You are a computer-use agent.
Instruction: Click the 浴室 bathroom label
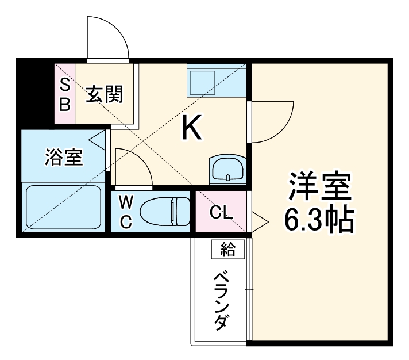point(63,157)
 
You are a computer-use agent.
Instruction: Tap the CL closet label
point(221,213)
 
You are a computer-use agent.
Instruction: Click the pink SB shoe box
point(64,94)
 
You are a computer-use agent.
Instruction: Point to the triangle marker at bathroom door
point(98,139)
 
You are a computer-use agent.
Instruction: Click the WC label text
point(126,212)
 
